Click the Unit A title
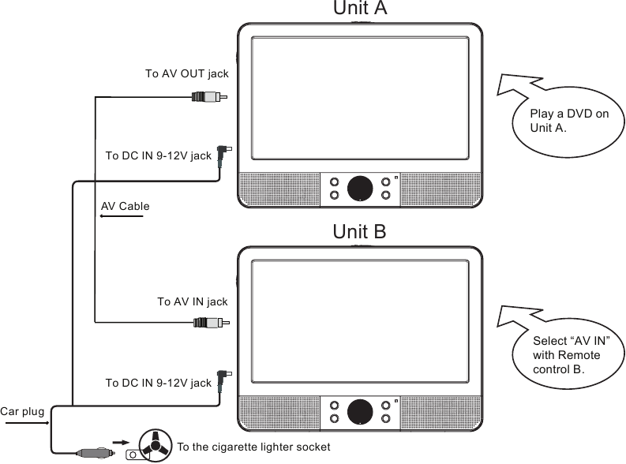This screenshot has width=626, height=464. click(360, 8)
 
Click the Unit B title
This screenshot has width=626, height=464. click(359, 231)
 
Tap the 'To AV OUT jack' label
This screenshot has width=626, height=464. click(187, 74)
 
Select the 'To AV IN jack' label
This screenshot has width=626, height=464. click(193, 301)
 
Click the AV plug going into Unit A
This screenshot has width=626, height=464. click(209, 96)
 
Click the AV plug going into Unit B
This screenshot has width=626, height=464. click(212, 323)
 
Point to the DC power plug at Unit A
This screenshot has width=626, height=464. click(223, 154)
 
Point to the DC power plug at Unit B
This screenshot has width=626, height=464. click(223, 379)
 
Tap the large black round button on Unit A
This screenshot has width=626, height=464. click(360, 189)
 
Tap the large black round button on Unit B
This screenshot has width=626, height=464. click(360, 412)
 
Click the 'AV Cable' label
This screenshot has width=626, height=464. click(125, 206)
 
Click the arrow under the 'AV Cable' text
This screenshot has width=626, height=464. click(122, 216)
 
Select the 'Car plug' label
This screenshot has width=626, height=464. click(22, 411)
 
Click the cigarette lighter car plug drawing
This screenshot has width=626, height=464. click(96, 453)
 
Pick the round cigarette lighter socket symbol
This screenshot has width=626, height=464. click(156, 445)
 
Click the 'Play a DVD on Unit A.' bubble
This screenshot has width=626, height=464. click(567, 122)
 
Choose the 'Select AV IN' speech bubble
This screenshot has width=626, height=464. click(567, 353)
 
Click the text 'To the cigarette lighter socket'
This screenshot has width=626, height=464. click(253, 447)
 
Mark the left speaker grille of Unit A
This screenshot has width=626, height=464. click(279, 189)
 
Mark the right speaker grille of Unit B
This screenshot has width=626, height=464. click(440, 413)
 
